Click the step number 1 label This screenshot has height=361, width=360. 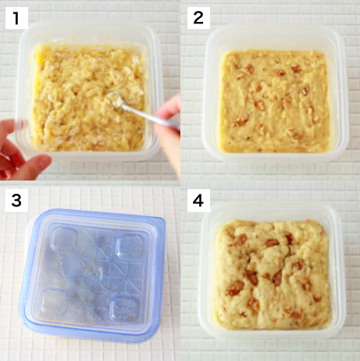click(x=15, y=17)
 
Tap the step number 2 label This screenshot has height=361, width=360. click(x=198, y=17)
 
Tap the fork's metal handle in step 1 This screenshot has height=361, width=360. click(x=152, y=115)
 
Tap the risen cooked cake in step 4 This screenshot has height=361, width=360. click(x=269, y=273)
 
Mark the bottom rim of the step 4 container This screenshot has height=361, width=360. click(x=269, y=334)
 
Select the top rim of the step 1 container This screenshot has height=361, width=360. click(x=86, y=30)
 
